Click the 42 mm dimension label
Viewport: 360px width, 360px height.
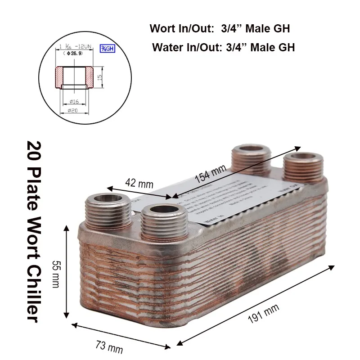click(x=139, y=184)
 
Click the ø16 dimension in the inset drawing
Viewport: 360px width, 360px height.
click(x=75, y=101)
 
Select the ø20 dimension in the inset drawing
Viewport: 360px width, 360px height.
click(x=75, y=110)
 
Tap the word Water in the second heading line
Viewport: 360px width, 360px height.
click(x=167, y=47)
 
